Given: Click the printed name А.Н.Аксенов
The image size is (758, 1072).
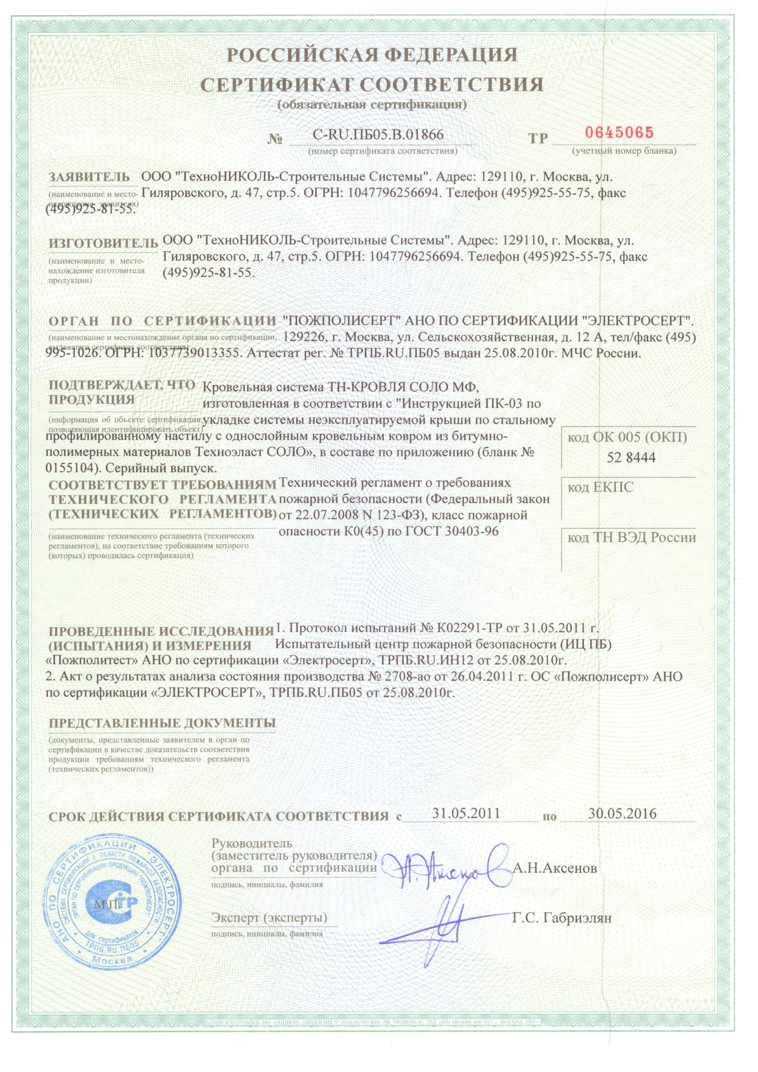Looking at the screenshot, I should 555,868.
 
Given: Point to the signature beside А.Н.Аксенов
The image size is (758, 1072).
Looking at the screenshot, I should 446,868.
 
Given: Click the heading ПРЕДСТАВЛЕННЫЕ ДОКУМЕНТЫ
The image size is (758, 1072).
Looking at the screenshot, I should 162,723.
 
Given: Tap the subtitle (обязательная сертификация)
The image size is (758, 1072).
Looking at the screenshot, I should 372,105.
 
